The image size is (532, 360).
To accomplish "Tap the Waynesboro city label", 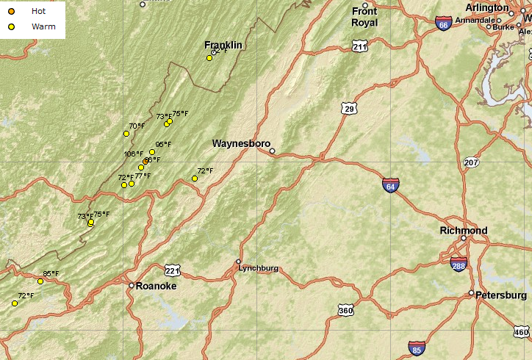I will (x=241, y=143).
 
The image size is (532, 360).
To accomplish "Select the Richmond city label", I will (x=463, y=231).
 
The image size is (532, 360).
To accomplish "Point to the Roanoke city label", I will (x=157, y=287).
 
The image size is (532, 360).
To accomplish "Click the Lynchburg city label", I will (x=258, y=268).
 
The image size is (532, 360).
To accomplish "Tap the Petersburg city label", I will (x=502, y=295).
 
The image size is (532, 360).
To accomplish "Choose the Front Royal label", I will (x=364, y=17).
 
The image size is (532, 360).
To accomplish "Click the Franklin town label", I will (x=223, y=46).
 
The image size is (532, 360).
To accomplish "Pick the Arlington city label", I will (x=487, y=8).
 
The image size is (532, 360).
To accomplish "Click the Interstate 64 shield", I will (x=391, y=185).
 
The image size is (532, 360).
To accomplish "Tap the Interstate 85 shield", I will (x=417, y=348).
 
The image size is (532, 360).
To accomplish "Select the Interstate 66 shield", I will (x=443, y=24).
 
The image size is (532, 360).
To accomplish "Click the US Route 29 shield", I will (x=349, y=109).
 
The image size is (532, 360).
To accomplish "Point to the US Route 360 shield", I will (x=345, y=311).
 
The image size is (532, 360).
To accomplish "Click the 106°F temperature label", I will (x=134, y=154).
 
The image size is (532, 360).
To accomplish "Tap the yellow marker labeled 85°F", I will (x=40, y=281).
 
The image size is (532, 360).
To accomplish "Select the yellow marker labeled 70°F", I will (x=126, y=134).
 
